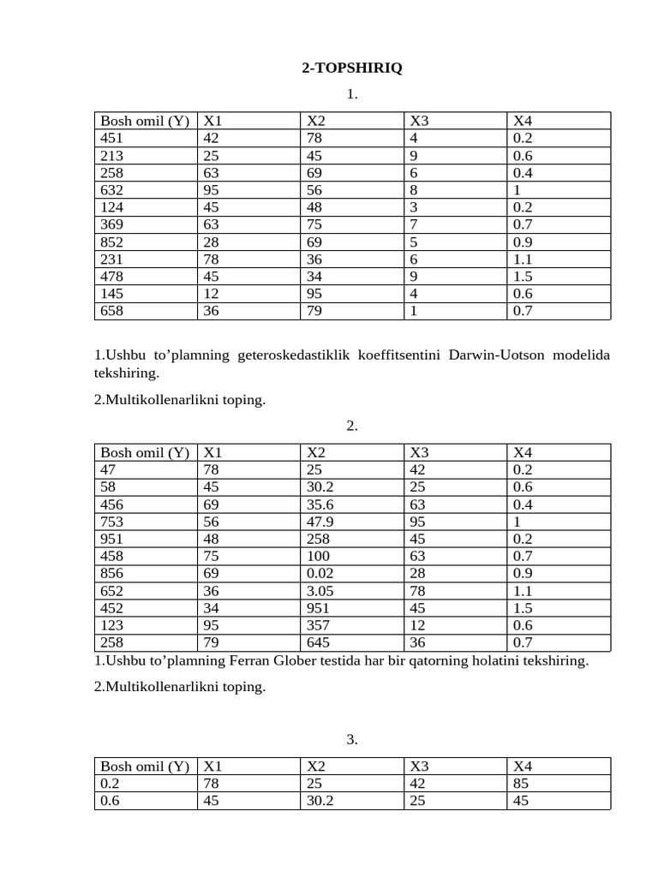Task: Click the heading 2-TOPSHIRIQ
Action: point(351,68)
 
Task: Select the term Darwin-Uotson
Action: point(494,355)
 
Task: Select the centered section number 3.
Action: point(351,740)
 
